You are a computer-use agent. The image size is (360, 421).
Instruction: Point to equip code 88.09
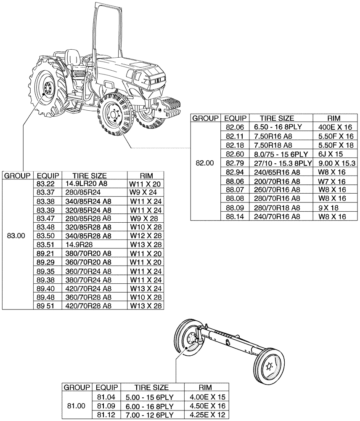[x=235, y=208]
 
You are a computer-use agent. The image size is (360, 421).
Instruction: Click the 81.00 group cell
[x=76, y=406]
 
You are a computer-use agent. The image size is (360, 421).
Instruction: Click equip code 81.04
[x=106, y=397]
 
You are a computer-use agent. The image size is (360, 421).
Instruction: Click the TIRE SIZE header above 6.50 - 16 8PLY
[x=277, y=118]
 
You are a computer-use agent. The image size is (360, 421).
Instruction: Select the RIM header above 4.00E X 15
[x=206, y=387]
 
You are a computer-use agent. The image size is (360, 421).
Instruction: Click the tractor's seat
[x=72, y=57]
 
